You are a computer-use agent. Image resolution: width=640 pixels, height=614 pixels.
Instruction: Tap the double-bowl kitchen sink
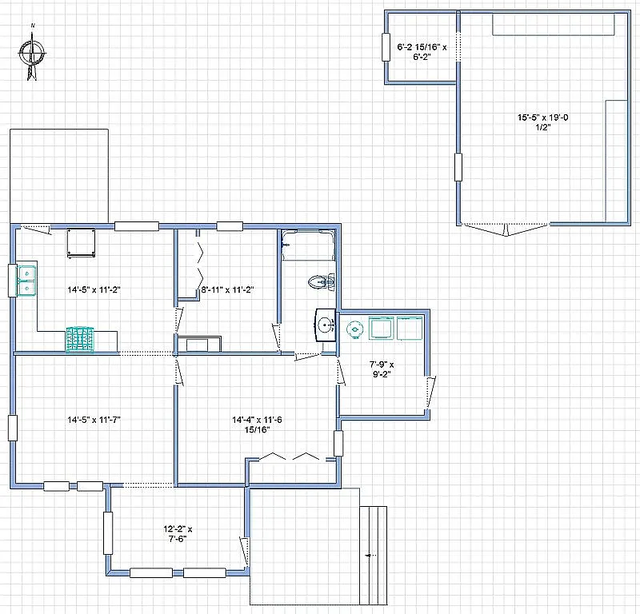coord(27,280)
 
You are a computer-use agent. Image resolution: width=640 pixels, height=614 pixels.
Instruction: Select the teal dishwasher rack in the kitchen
coord(80,339)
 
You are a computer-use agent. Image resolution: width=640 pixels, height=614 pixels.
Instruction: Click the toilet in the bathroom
coord(322,281)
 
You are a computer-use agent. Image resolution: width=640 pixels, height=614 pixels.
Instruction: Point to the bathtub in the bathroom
coord(307,245)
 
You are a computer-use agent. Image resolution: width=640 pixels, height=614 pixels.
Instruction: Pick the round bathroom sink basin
coord(325,325)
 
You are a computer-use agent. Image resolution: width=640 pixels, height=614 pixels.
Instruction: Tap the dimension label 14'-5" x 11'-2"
coord(94,289)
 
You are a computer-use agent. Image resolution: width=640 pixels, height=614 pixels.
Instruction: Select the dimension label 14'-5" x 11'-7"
coord(94,419)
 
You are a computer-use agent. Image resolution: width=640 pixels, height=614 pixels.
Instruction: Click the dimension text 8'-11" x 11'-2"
coord(226,290)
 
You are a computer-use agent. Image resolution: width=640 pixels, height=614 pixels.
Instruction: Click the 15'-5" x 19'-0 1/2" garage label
coord(542,122)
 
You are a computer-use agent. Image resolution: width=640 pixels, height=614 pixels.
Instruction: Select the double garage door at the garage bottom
coord(506,229)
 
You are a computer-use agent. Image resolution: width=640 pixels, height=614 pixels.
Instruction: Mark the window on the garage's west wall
coord(458,167)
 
